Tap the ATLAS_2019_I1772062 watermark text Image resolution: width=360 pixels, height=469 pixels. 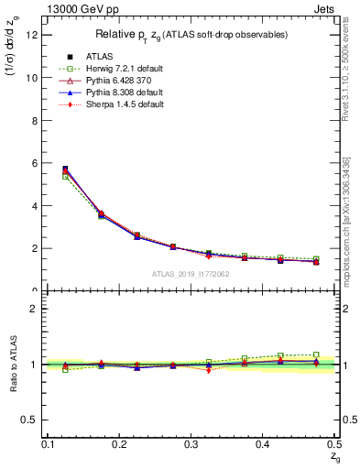(x=191, y=274)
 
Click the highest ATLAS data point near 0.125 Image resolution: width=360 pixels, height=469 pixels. (x=65, y=169)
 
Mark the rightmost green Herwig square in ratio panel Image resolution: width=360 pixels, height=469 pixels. (x=316, y=354)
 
